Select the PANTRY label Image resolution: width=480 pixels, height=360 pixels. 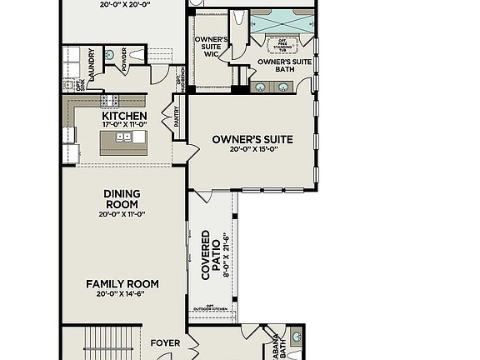point(177,115)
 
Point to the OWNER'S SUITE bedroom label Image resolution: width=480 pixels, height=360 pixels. point(252,140)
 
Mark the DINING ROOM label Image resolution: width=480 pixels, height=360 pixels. point(122,199)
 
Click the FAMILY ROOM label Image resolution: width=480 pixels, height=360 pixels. point(122,284)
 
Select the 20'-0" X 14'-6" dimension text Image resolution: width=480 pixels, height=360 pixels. point(122,294)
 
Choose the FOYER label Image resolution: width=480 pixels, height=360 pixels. point(165,342)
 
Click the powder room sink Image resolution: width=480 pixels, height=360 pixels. point(111,53)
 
